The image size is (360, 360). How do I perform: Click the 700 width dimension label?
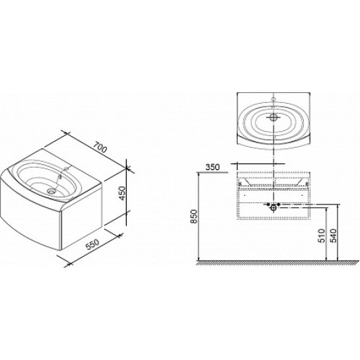(99, 148)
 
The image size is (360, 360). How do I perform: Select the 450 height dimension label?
(122, 193)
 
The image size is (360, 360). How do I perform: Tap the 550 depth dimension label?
(92, 245)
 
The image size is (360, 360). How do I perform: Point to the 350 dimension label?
(212, 167)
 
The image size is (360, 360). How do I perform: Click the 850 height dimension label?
(194, 216)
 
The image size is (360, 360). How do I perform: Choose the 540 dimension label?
(333, 235)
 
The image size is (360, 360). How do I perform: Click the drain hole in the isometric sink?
(51, 191)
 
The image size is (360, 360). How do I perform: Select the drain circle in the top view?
(274, 117)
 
